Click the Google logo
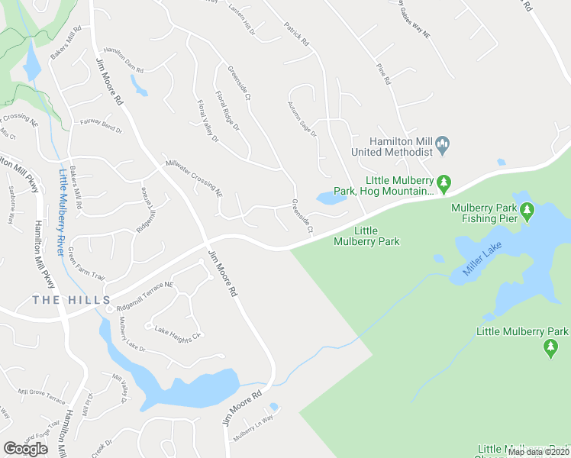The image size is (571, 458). coord(25,448)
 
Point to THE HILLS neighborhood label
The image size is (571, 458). coord(72,301)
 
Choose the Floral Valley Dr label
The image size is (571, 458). coord(208,122)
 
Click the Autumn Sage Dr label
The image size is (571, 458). coord(301,120)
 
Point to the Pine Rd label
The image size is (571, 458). coord(383,74)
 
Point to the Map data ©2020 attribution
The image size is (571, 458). coord(538,452)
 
